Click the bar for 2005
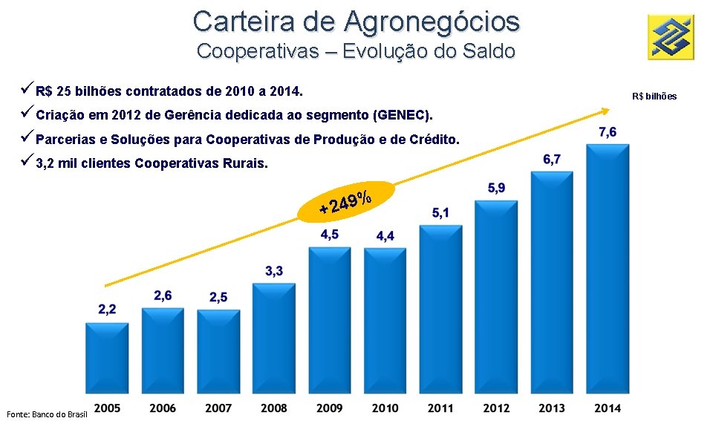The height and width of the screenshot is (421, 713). pyautogui.click(x=107, y=358)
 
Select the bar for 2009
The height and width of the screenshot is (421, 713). pyautogui.click(x=330, y=320)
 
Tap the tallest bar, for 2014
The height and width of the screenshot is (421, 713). pyautogui.click(x=608, y=269)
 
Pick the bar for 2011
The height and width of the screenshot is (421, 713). pyautogui.click(x=440, y=309)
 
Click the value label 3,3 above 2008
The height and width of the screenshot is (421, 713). pyautogui.click(x=274, y=271)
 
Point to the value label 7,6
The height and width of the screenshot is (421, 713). pyautogui.click(x=608, y=132)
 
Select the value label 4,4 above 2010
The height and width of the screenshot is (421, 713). pyautogui.click(x=385, y=236)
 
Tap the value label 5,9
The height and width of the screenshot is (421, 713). pyautogui.click(x=496, y=188)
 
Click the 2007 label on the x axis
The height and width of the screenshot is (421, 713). pyautogui.click(x=218, y=408)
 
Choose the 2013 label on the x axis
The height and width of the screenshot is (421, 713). pyautogui.click(x=552, y=408)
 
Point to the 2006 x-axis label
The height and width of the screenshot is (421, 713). pyautogui.click(x=163, y=408)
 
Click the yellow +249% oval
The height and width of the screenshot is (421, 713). pyautogui.click(x=345, y=202)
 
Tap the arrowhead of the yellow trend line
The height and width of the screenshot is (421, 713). pyautogui.click(x=606, y=111)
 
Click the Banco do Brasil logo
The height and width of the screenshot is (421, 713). pyautogui.click(x=671, y=37)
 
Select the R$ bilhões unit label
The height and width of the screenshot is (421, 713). pyautogui.click(x=654, y=97)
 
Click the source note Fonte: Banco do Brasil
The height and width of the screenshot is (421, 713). pyautogui.click(x=47, y=414)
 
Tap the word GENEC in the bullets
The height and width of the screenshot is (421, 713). pyautogui.click(x=402, y=115)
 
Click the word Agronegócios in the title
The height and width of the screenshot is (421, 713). pyautogui.click(x=432, y=22)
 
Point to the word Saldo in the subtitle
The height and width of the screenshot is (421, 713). pyautogui.click(x=489, y=51)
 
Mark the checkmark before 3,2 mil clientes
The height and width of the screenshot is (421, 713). pyautogui.click(x=27, y=160)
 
